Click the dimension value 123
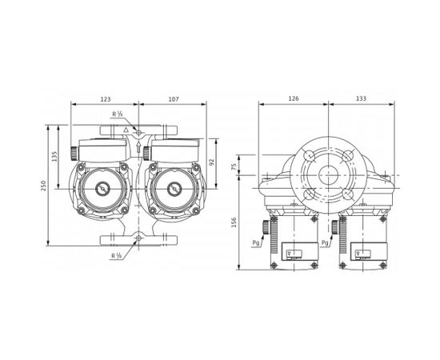105,99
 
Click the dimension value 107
174,99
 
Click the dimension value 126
293,99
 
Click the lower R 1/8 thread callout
118,255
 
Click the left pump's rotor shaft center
102,190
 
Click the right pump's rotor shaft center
170,190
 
